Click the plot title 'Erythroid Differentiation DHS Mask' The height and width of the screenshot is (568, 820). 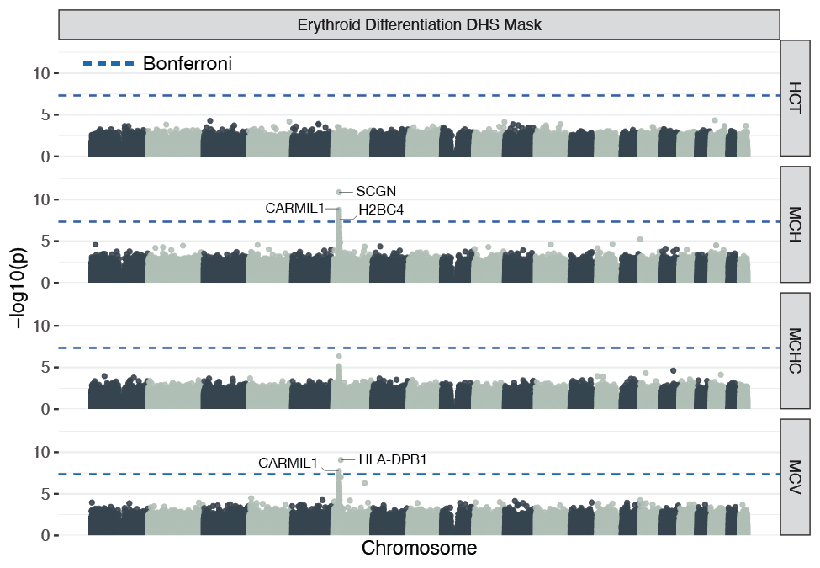tap(419, 25)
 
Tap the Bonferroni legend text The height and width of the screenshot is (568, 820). tap(187, 63)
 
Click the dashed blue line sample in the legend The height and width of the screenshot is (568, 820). tap(108, 64)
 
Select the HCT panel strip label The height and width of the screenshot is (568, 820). tap(796, 98)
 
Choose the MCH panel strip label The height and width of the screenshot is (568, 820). tap(796, 224)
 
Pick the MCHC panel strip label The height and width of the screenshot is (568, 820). tap(796, 350)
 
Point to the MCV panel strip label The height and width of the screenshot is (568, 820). tap(796, 476)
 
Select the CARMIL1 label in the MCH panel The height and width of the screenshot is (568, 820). tap(294, 208)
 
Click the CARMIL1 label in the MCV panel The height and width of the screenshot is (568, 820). tap(288, 463)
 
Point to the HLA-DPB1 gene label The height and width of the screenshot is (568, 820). tap(394, 459)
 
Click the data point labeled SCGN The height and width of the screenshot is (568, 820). tap(340, 193)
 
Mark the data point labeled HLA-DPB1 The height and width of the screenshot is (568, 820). tap(341, 460)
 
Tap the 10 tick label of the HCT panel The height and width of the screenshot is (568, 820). tap(41, 73)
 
